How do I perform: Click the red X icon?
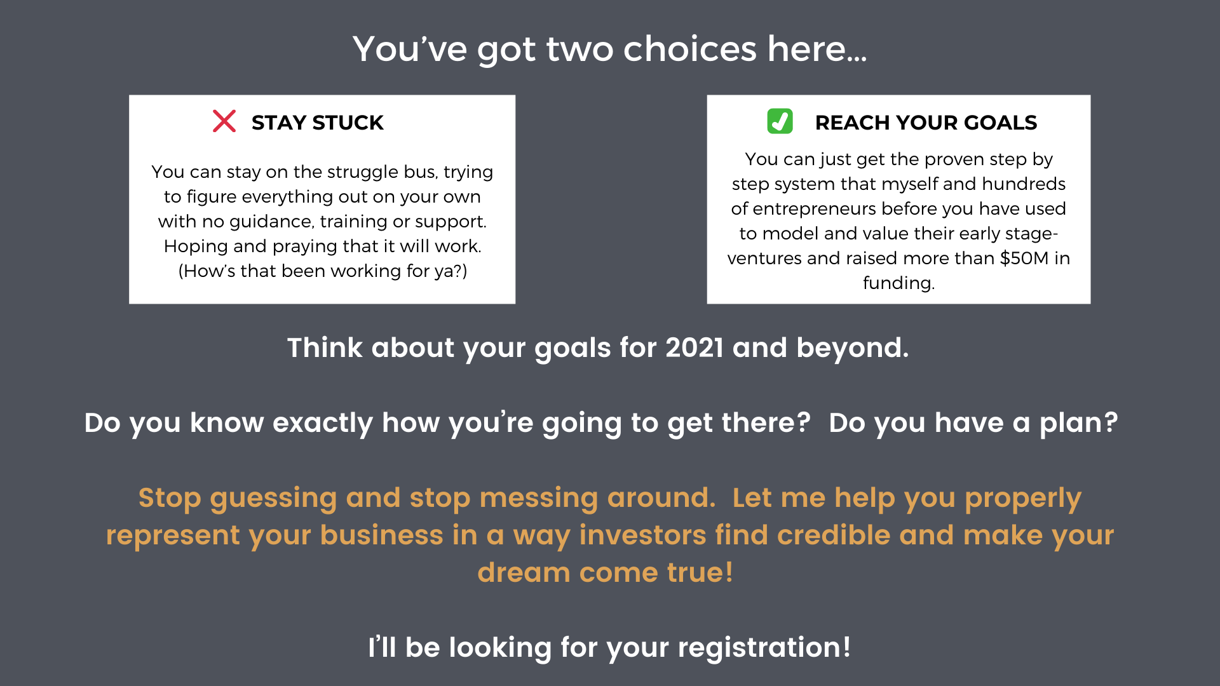[x=224, y=121]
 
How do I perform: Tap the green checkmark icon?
[x=780, y=121]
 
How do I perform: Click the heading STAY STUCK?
[x=317, y=122]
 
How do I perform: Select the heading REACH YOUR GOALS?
[x=926, y=122]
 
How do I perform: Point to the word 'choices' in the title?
[x=690, y=49]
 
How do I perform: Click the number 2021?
[x=695, y=347]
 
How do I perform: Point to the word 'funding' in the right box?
[x=897, y=283]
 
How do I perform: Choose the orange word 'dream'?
[x=524, y=572]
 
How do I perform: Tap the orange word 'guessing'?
[x=273, y=499]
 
